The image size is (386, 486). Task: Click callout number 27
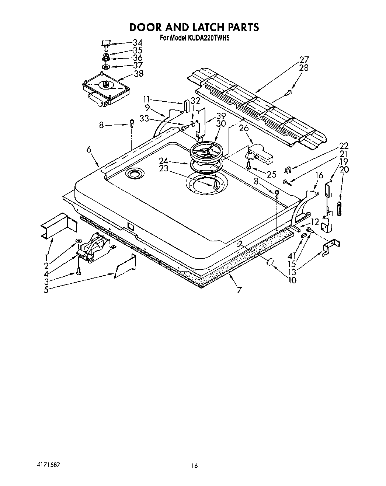point(304,60)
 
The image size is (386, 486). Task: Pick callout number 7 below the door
point(239,290)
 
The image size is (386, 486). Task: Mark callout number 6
point(89,149)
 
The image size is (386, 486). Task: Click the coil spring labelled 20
point(339,209)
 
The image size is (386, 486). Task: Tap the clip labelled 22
point(289,170)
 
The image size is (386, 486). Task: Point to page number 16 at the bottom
point(194,466)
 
